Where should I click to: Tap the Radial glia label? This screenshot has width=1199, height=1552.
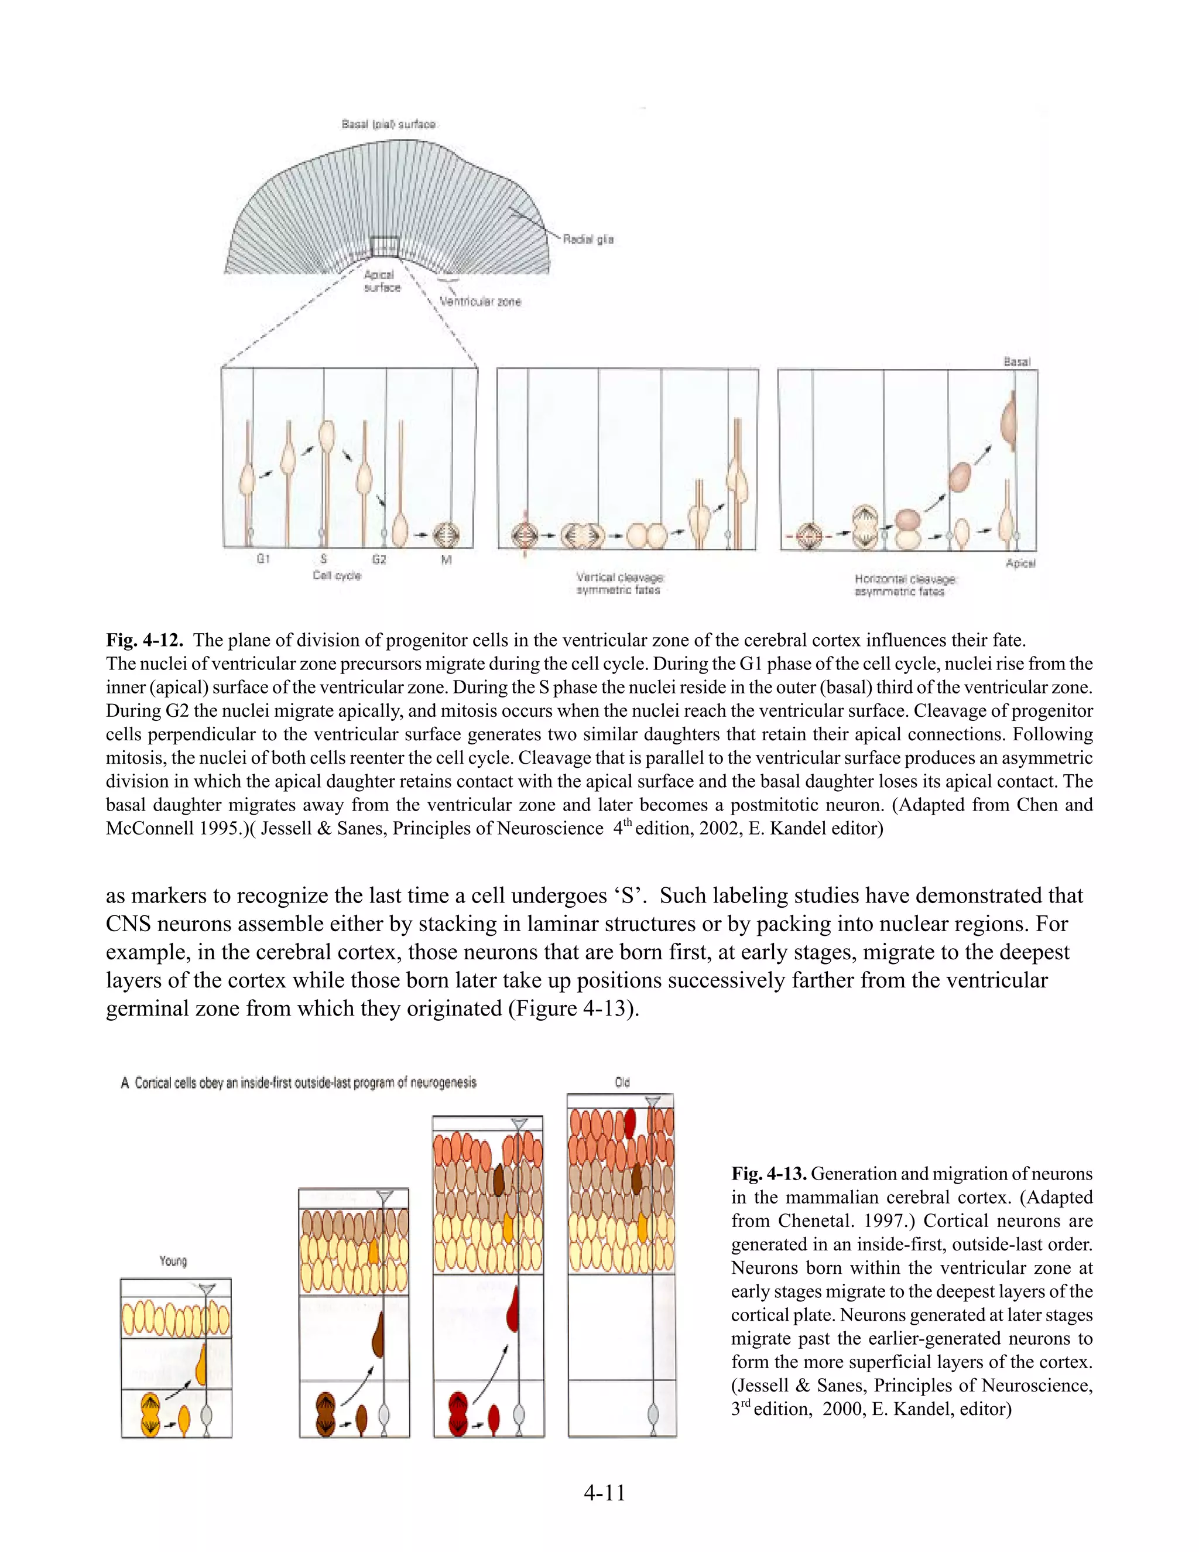click(588, 240)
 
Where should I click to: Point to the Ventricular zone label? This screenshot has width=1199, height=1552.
click(480, 302)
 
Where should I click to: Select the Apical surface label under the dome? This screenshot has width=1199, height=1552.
click(382, 281)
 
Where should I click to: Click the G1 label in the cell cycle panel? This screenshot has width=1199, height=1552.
click(263, 559)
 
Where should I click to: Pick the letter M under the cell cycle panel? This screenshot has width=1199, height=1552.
click(446, 560)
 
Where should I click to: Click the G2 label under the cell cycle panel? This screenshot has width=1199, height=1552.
click(379, 559)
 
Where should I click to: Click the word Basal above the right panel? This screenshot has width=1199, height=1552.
click(1016, 362)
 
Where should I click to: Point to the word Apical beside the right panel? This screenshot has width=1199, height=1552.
click(1020, 563)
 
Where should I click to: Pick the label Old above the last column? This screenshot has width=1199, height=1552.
click(622, 1082)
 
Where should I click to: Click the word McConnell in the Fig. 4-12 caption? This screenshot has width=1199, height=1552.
click(149, 829)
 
